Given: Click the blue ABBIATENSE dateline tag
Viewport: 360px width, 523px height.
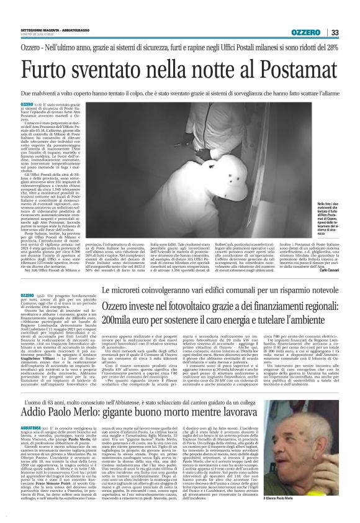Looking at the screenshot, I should (x=48, y=411).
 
